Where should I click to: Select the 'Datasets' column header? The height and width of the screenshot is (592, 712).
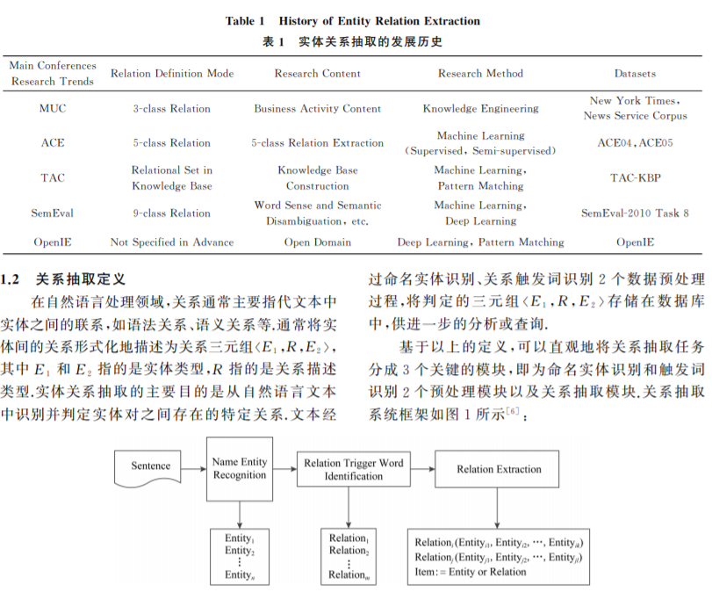[x=635, y=74]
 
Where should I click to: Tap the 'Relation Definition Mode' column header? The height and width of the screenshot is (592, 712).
[x=172, y=74]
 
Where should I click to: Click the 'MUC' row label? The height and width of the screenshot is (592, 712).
[x=53, y=109]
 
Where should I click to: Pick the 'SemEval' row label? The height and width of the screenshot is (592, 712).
[x=53, y=213]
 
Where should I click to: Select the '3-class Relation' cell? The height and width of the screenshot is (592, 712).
[x=172, y=109]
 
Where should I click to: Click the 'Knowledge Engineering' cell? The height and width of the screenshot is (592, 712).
[x=480, y=109]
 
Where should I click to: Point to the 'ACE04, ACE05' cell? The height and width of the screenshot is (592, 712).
[x=635, y=143]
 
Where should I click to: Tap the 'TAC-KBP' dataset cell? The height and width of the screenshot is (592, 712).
[x=635, y=177]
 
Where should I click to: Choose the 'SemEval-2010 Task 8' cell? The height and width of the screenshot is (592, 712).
[x=635, y=213]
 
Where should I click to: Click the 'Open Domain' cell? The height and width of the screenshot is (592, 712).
[x=317, y=242]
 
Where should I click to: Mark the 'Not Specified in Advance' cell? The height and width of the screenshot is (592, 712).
[x=172, y=242]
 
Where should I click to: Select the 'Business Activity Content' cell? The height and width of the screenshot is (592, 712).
[x=317, y=109]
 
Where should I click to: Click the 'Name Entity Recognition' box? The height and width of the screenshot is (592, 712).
[x=239, y=468]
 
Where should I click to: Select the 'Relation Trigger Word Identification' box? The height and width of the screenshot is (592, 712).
[x=354, y=469]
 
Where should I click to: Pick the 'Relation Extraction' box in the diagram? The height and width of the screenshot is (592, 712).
[x=499, y=469]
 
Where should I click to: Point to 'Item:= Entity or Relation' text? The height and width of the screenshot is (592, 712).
[x=471, y=572]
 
